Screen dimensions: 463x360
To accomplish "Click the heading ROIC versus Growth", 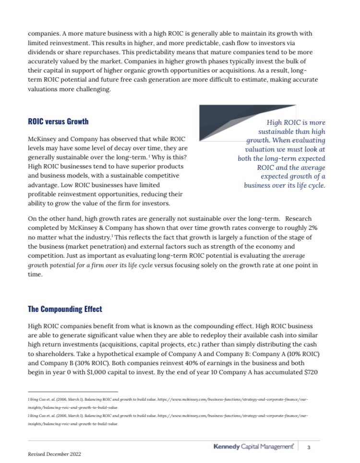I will click(x=58, y=121).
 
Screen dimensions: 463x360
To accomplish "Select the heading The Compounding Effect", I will click(x=65, y=309).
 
